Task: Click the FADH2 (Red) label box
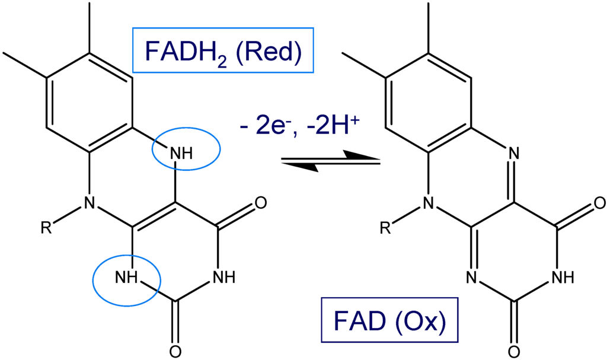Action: pyautogui.click(x=223, y=51)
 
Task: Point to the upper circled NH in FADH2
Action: pyautogui.click(x=181, y=153)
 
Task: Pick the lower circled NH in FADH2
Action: pyautogui.click(x=127, y=277)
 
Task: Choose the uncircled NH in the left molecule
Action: pyautogui.click(x=226, y=277)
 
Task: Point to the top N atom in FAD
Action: pyautogui.click(x=513, y=153)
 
